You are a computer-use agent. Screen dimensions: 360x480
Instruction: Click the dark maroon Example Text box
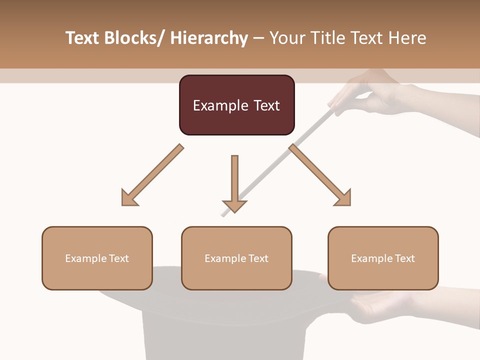(x=236, y=105)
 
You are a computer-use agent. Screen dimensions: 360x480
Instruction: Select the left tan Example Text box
(x=97, y=258)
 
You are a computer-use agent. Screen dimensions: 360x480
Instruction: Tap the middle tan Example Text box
(x=236, y=258)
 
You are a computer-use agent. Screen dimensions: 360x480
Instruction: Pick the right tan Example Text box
(x=383, y=258)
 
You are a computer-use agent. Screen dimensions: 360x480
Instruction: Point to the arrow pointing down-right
(x=320, y=175)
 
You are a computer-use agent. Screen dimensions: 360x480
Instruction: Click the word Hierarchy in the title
(x=209, y=38)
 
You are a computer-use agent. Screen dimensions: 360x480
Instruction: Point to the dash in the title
(x=258, y=39)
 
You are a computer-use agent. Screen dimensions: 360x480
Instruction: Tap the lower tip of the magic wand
(x=223, y=215)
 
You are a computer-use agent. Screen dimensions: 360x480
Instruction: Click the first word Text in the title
(x=83, y=38)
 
